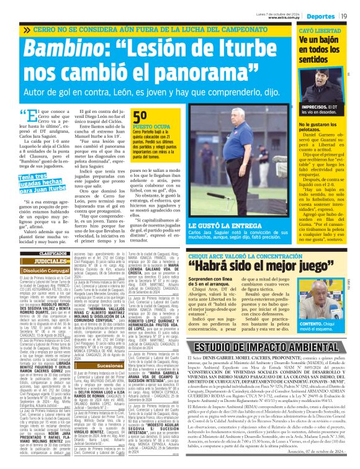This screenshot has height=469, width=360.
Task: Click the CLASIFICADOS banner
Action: click(x=53, y=254)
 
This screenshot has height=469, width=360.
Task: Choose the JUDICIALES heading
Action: click(x=53, y=261)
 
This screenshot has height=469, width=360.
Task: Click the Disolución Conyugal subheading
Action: click(x=53, y=270)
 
